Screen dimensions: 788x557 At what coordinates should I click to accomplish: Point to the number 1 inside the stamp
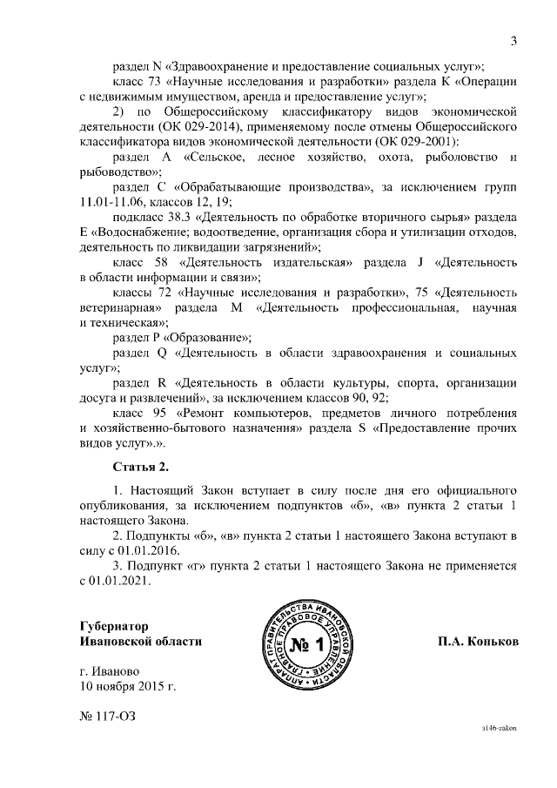(318, 645)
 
